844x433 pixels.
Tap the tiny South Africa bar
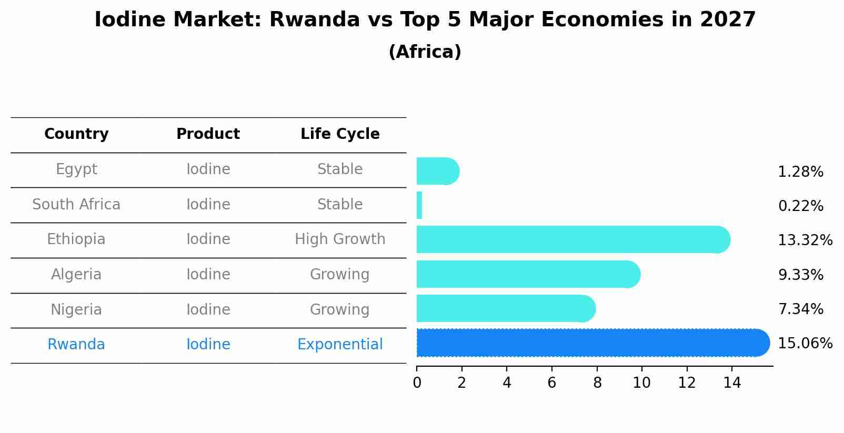pos(419,205)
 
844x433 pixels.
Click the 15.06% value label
pos(805,344)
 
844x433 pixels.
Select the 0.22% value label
pos(800,206)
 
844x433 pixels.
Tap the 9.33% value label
pos(800,275)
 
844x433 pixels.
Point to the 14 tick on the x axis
pos(732,383)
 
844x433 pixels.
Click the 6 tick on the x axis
pos(551,383)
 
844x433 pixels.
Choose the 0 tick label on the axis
pos(417,383)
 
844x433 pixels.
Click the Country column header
pos(76,134)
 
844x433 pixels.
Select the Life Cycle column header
pos(340,134)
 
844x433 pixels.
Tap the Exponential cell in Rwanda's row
pos(340,345)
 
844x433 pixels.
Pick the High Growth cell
pos(340,239)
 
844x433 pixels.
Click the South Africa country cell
pos(76,205)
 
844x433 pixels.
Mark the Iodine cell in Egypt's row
pos(208,169)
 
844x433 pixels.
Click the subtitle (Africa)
pos(425,52)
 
